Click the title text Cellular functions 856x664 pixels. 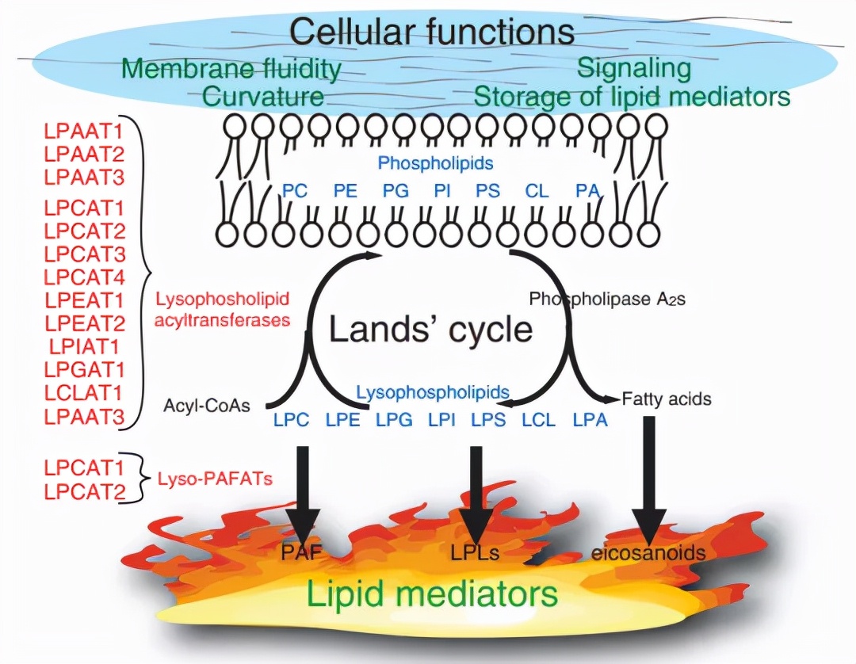pos(431,32)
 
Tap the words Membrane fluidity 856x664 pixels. pos(232,68)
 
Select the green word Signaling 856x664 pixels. pos(633,68)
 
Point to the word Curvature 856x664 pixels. pos(263,97)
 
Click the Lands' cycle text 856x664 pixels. pos(431,328)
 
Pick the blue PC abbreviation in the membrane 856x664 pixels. pos(294,191)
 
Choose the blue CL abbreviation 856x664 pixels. pos(537,191)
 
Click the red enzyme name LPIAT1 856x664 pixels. pos(84,345)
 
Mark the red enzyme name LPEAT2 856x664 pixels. pos(84,322)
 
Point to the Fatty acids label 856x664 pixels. pos(667,399)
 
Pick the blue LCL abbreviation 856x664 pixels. pos(539,420)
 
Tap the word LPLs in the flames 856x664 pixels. pos(476,552)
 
